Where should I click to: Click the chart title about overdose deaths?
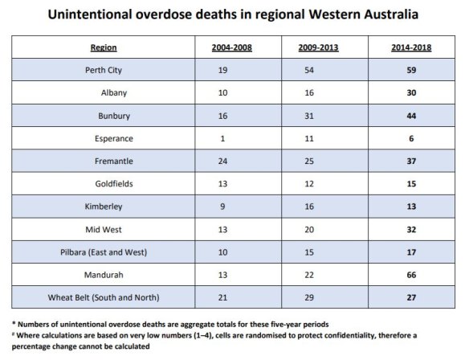coord(234,15)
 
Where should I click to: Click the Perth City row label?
coord(102,70)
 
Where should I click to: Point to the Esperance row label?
coord(102,139)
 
